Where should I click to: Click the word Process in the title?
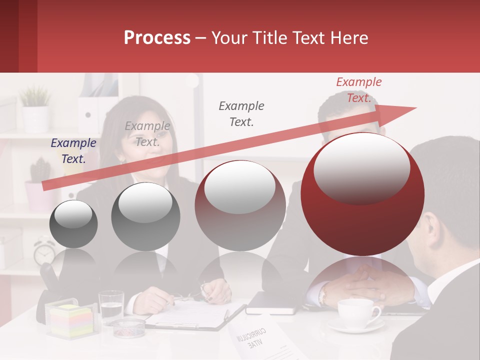pos(157,38)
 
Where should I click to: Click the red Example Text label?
pos(359,90)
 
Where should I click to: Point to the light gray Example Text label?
pos(147,134)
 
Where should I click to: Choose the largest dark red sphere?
pos(362,194)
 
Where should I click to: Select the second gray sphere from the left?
pos(145,216)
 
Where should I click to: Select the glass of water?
pos(111,306)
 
